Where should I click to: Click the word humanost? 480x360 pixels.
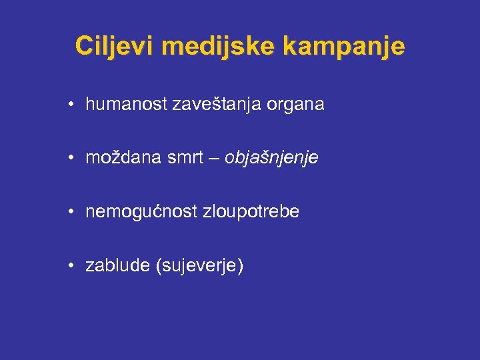(127, 105)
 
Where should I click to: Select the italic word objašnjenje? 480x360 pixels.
(271, 159)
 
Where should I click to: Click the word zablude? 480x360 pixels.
(117, 266)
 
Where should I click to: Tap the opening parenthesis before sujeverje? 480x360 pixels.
(158, 267)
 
